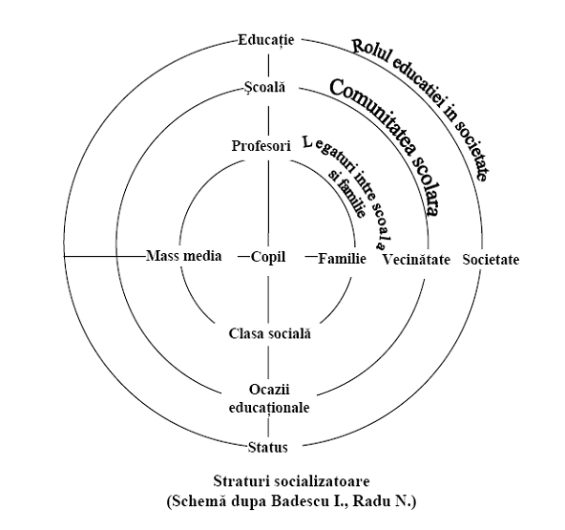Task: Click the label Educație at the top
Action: (266, 40)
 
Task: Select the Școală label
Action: (264, 87)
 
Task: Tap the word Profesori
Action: (261, 146)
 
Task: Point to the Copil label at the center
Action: (268, 257)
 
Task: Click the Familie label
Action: (342, 259)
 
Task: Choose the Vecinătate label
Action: (416, 260)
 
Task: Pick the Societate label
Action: (491, 260)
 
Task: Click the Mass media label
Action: (184, 256)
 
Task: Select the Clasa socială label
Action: (269, 333)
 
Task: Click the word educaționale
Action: (269, 408)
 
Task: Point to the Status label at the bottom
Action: (268, 448)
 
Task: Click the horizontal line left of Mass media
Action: (104, 256)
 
